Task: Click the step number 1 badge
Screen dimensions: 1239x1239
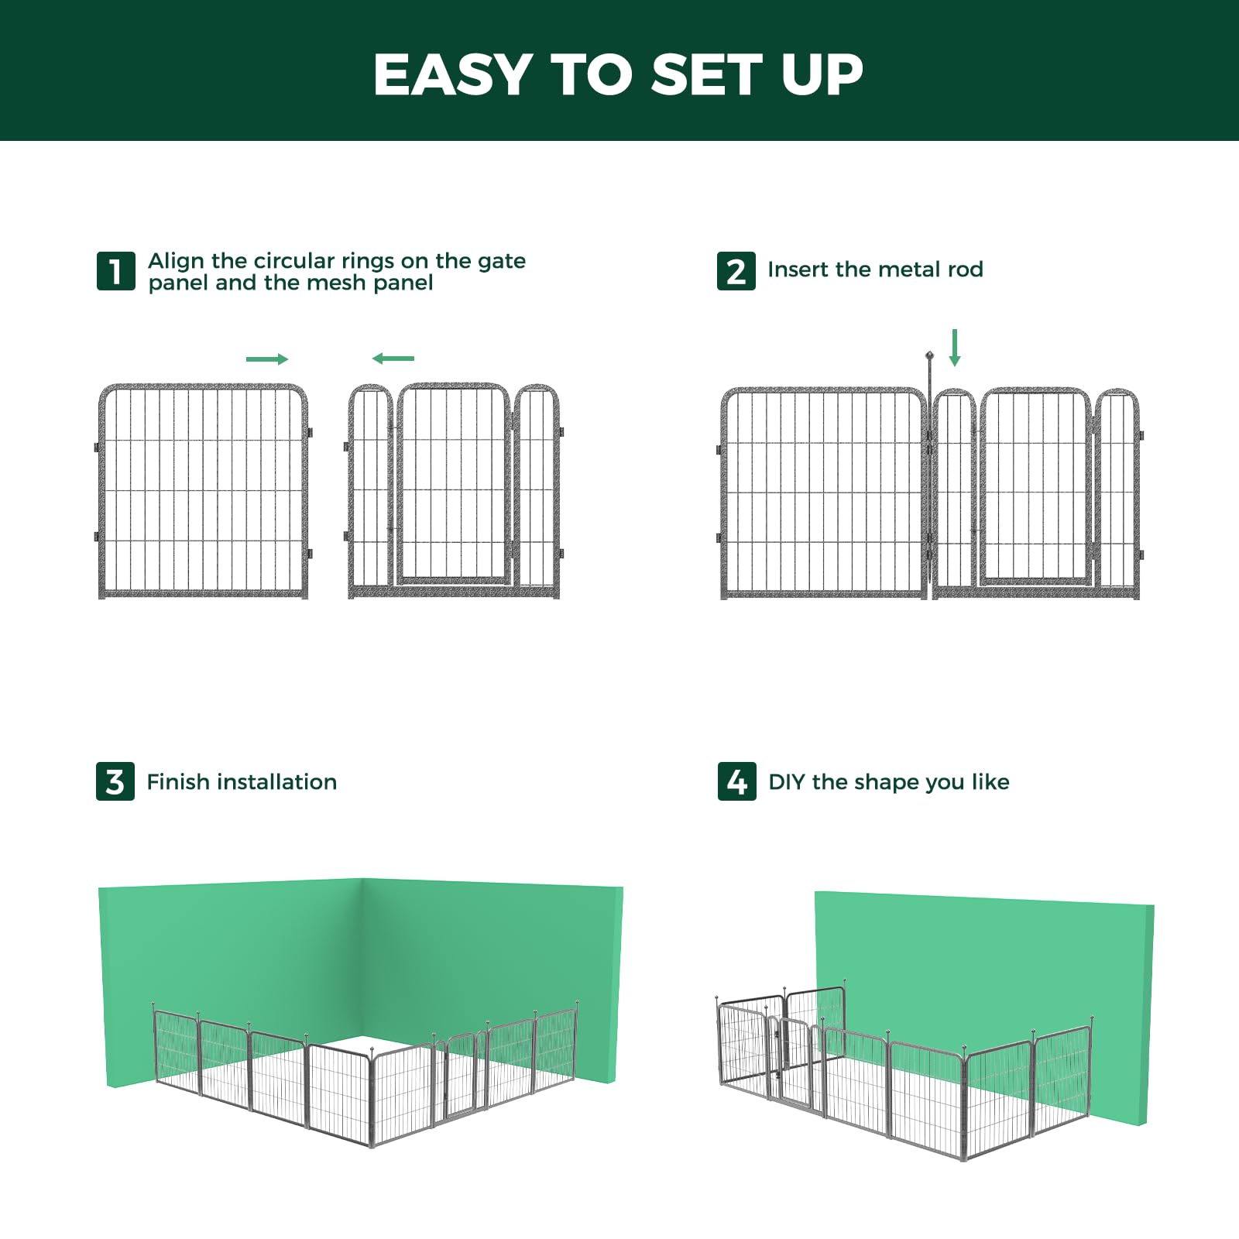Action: (x=115, y=271)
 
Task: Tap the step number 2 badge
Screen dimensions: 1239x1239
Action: (x=736, y=271)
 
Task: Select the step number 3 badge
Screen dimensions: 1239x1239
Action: (x=115, y=781)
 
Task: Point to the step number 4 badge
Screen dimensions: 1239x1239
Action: (x=736, y=781)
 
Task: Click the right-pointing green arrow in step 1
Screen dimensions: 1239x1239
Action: (x=267, y=359)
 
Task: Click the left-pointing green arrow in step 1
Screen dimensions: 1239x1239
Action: (x=393, y=358)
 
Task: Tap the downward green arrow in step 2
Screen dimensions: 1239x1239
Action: (x=955, y=348)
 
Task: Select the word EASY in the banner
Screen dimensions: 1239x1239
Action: (x=452, y=75)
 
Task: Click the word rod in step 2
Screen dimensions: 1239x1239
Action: (x=965, y=269)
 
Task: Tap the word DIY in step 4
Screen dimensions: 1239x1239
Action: (x=787, y=782)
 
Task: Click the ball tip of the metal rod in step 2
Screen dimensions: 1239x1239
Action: (x=929, y=356)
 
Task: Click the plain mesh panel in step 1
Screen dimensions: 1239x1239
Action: (x=204, y=491)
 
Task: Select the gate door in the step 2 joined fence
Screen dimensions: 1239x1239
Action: (x=1035, y=486)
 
